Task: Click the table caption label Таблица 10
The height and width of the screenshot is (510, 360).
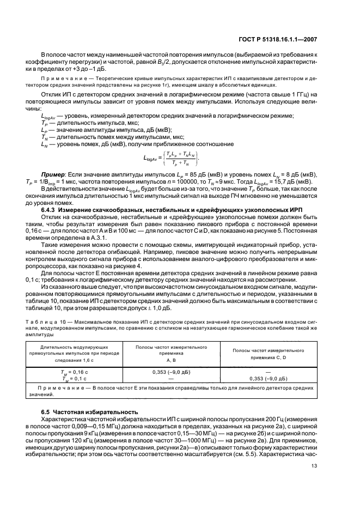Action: (57, 323)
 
